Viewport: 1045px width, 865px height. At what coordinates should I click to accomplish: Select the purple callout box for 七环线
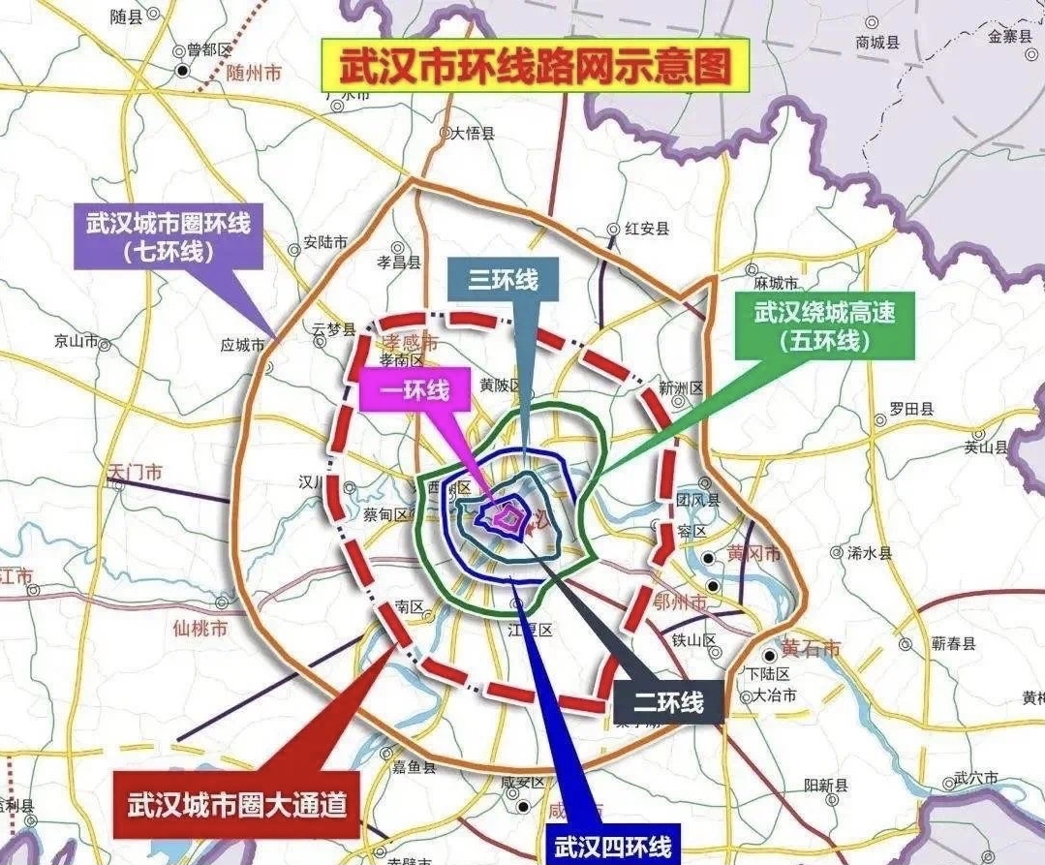(169, 238)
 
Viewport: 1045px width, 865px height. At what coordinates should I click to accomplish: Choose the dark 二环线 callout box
(668, 702)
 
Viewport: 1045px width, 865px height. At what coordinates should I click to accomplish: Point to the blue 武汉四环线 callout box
(612, 845)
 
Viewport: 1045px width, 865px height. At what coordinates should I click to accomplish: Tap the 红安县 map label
(647, 229)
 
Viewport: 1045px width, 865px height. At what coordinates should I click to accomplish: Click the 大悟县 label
(474, 135)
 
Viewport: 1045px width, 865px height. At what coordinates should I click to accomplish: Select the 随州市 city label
(253, 73)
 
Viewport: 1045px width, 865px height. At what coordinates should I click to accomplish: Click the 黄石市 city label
(812, 648)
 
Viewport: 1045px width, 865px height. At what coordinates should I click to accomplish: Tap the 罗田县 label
(912, 410)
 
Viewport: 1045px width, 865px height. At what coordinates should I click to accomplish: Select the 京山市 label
(77, 341)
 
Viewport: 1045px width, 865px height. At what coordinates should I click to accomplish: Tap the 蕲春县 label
(953, 642)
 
